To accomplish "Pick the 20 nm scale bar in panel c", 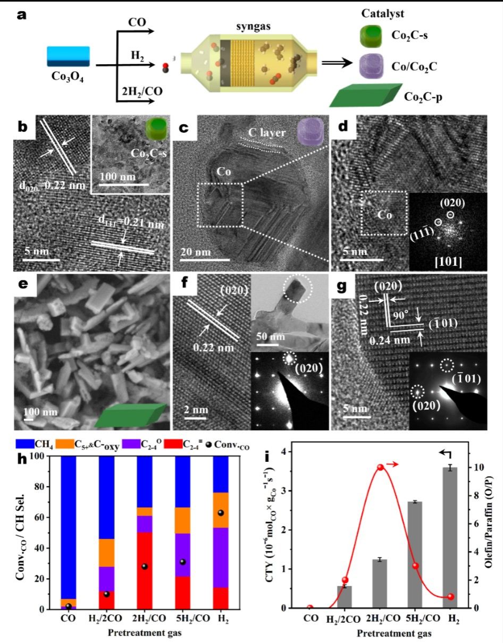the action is click(x=208, y=260).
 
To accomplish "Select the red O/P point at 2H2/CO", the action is click(x=380, y=468).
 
